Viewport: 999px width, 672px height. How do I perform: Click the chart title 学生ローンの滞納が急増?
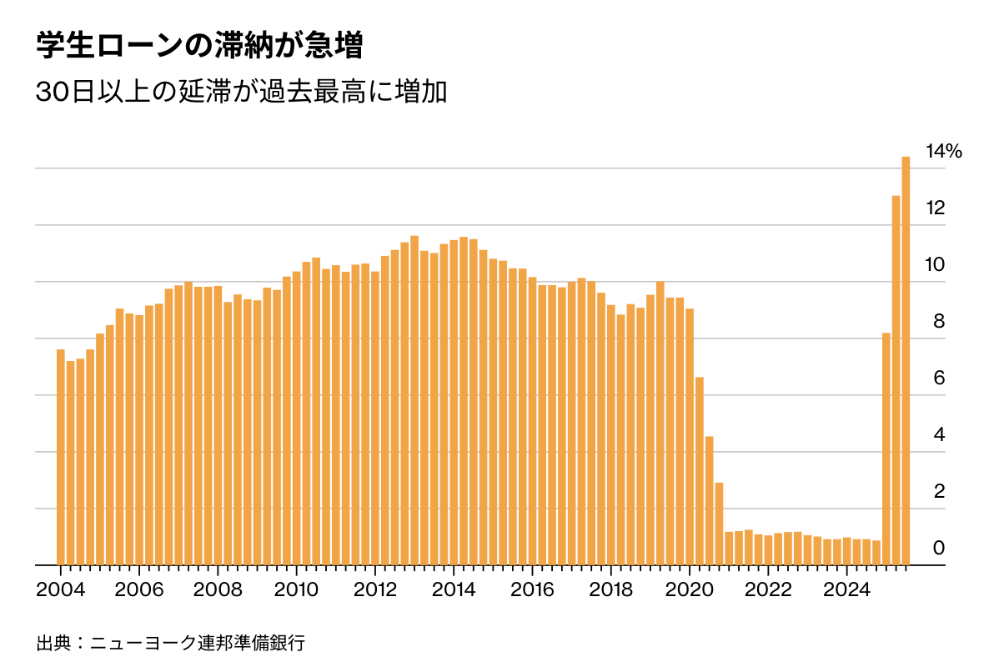(199, 46)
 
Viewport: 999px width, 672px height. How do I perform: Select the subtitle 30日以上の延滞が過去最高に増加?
(242, 92)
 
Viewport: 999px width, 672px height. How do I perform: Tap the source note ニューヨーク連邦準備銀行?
(198, 644)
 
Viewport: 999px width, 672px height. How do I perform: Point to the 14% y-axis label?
(944, 152)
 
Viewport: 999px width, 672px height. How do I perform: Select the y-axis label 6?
(938, 379)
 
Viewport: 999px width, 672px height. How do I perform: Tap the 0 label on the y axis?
(938, 548)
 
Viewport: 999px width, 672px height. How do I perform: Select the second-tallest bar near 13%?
(896, 380)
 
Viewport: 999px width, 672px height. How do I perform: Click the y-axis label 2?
(938, 491)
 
